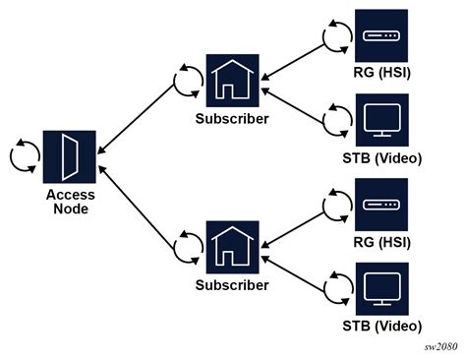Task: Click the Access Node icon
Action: click(x=70, y=156)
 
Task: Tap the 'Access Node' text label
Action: click(x=70, y=202)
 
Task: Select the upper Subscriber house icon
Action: click(x=232, y=81)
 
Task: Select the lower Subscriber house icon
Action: click(x=232, y=247)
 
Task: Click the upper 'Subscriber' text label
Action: click(x=232, y=119)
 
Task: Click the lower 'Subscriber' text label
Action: click(x=232, y=285)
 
